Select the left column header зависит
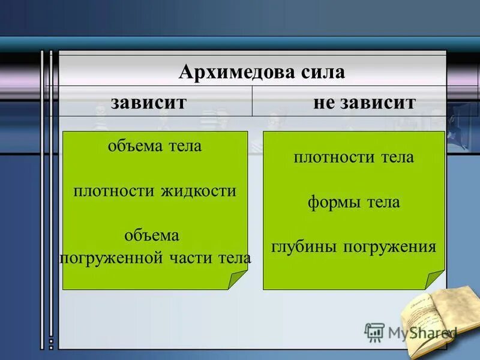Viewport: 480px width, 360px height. pyautogui.click(x=148, y=101)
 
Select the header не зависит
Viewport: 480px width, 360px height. pyautogui.click(x=364, y=101)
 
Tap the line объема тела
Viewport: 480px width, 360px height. pyautogui.click(x=155, y=146)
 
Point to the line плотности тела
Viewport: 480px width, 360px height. pyautogui.click(x=354, y=158)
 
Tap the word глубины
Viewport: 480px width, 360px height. pyautogui.click(x=302, y=247)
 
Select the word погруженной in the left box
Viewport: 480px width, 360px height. pyautogui.click(x=112, y=259)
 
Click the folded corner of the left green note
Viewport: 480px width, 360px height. pyautogui.click(x=238, y=280)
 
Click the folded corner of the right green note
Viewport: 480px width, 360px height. pyautogui.click(x=435, y=280)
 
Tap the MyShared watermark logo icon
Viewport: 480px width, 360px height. pyautogui.click(x=374, y=332)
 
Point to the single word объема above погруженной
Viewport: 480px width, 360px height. pyautogui.click(x=152, y=236)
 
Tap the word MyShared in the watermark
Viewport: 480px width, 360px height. pyautogui.click(x=420, y=332)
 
